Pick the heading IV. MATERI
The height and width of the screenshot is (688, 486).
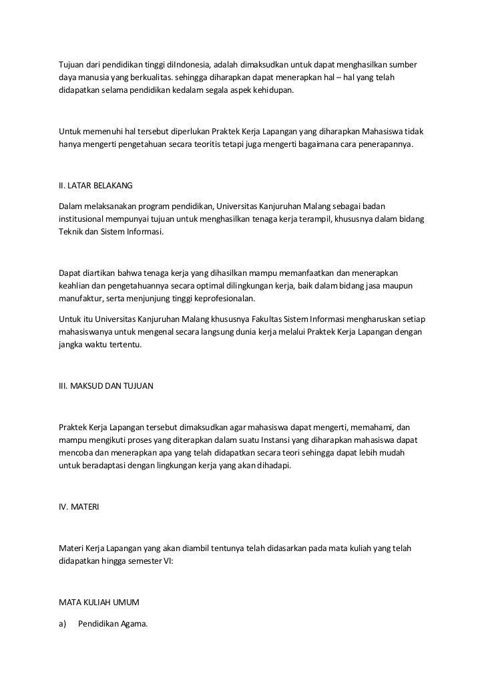coord(79,508)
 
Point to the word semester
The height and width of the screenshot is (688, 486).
coord(138,561)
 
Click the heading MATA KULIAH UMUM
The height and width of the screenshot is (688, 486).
coord(99,602)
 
